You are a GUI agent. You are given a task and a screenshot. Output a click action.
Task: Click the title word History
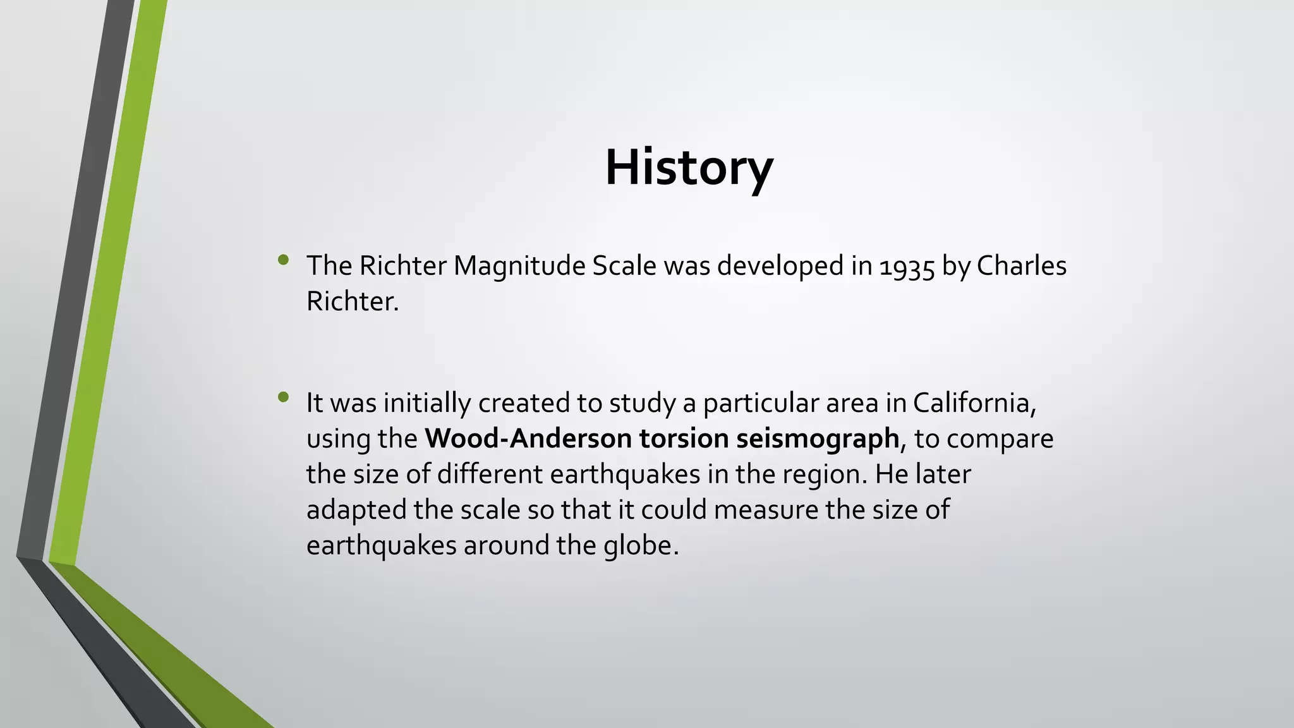689,167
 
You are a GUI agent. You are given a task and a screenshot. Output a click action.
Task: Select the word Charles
1022,265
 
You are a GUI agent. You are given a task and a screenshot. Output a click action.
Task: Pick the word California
974,403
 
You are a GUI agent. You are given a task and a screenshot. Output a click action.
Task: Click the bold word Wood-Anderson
528,438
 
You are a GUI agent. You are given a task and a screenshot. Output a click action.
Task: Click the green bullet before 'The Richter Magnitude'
283,260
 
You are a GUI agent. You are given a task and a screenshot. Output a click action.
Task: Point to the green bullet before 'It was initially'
283,397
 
